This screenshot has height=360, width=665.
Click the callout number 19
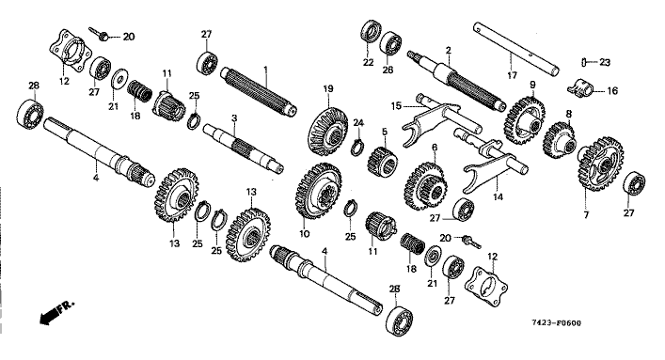(x=328, y=89)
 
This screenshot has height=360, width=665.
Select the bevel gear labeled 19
(x=327, y=132)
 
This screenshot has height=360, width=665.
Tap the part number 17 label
(x=513, y=75)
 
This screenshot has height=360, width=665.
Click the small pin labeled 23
(x=584, y=62)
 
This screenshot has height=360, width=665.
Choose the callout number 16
(x=612, y=91)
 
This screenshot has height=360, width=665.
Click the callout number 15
(x=396, y=106)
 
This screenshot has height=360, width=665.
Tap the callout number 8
(x=569, y=114)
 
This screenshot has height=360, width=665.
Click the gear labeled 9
(x=525, y=120)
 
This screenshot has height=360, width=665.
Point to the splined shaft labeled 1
(x=258, y=91)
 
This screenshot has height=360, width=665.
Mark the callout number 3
(x=234, y=117)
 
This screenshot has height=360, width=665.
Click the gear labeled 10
(x=319, y=191)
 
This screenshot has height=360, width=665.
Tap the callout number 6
(x=435, y=148)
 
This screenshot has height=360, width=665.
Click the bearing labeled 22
(x=372, y=31)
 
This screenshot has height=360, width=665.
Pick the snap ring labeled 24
(x=358, y=146)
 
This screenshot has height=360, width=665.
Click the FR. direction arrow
(x=56, y=312)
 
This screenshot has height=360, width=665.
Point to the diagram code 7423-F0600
(x=557, y=323)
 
